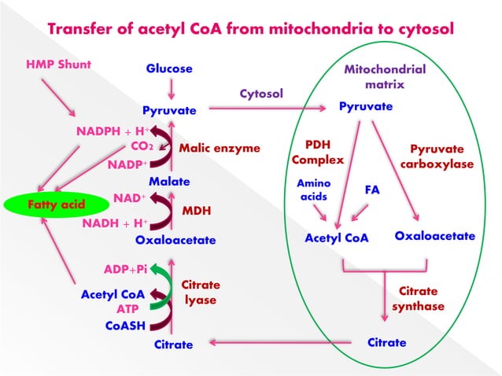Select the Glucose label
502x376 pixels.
(x=169, y=69)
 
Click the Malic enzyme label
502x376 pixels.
(x=219, y=147)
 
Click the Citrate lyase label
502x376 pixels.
(x=201, y=292)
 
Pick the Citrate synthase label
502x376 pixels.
(x=418, y=298)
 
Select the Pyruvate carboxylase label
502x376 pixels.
(x=437, y=157)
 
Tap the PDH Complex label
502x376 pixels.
(x=318, y=153)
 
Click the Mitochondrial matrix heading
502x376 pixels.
(x=385, y=76)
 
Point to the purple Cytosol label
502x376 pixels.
(x=260, y=94)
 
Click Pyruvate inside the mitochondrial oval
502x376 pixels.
(x=366, y=106)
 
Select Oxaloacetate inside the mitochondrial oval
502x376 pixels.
(x=434, y=236)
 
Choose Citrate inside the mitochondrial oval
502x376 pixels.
(x=387, y=343)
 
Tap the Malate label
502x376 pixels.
(x=169, y=182)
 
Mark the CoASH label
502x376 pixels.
(x=125, y=325)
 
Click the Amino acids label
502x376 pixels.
(x=314, y=190)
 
